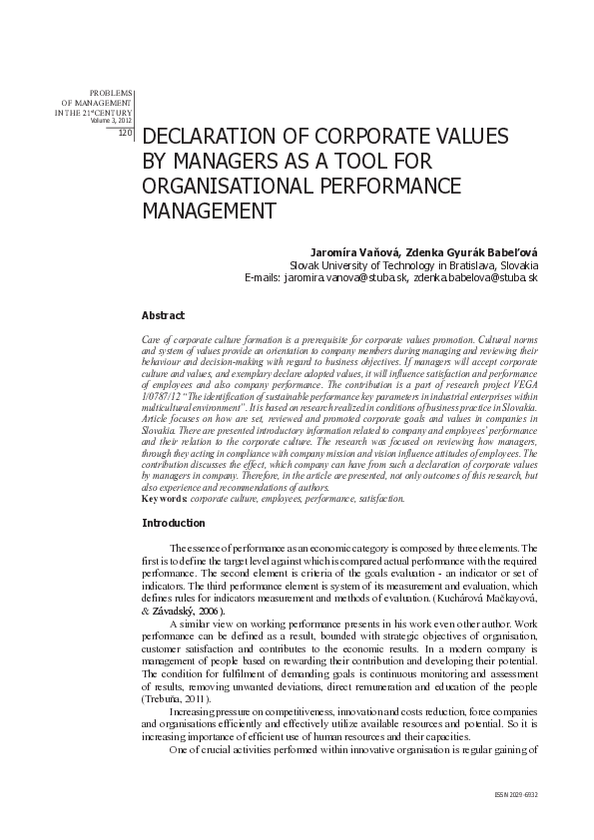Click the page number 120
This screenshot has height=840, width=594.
(x=125, y=132)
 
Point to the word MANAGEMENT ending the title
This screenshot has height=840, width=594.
(x=209, y=211)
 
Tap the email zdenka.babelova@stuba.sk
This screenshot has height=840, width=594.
(x=476, y=278)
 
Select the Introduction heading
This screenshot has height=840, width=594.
(x=174, y=523)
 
